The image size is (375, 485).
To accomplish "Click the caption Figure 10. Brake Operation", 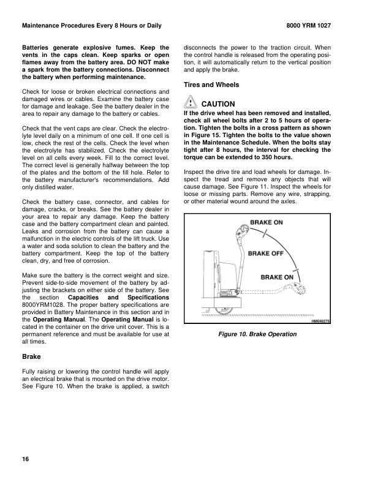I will [257, 334].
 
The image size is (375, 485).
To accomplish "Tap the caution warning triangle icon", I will [190, 103].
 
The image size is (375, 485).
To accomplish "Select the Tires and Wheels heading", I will [211, 85].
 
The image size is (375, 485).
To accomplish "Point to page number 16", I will [25, 459].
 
